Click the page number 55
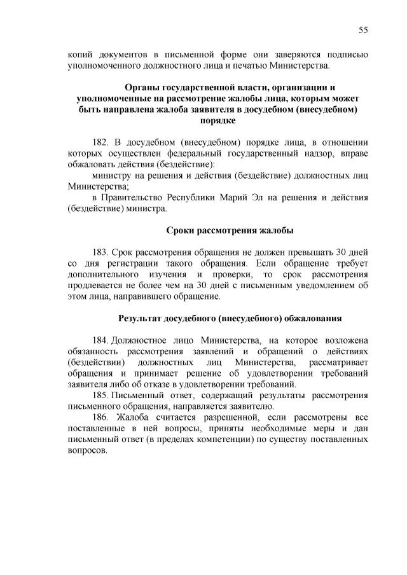(363, 30)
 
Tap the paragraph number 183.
(102, 252)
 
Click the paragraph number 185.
(102, 395)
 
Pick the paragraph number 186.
(102, 417)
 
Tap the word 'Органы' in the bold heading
(142, 87)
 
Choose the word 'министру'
(113, 176)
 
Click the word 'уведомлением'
(319, 285)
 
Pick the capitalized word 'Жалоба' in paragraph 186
(134, 417)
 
